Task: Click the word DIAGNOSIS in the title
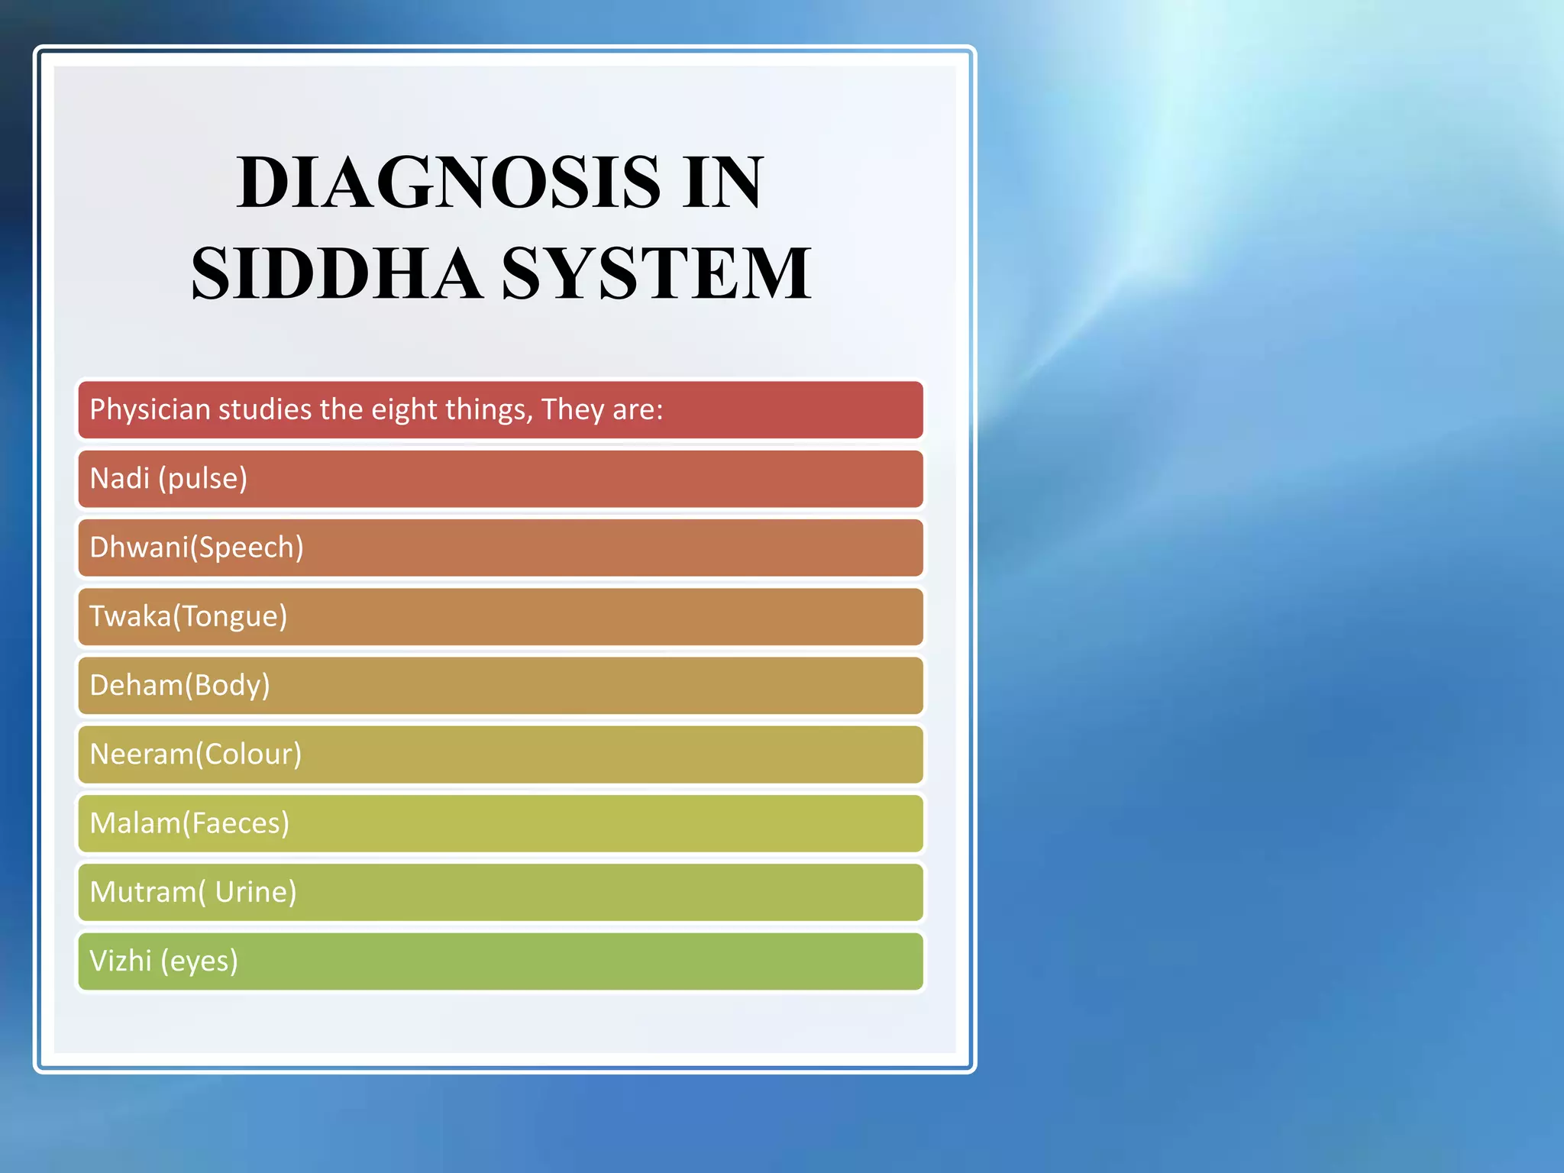pos(448,183)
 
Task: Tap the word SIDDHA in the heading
pos(337,273)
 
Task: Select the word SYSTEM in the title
pos(656,273)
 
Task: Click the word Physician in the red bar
pos(150,410)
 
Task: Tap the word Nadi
pos(119,479)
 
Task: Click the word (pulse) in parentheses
pos(203,479)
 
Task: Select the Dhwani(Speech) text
pos(196,548)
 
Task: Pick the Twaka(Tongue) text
pos(188,616)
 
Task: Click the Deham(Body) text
pos(179,685)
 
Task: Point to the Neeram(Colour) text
pos(195,754)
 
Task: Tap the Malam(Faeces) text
pos(189,822)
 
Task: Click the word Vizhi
pos(121,961)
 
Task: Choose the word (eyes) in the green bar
pos(200,961)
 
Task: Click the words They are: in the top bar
pos(603,410)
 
